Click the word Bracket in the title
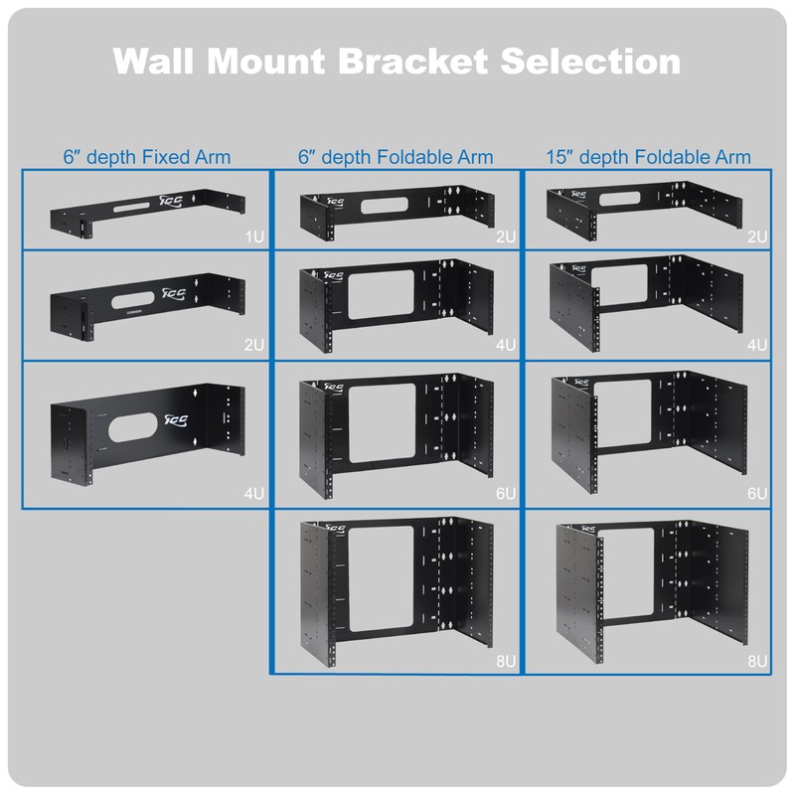(x=412, y=61)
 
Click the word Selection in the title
(x=591, y=61)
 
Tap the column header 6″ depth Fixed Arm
(x=146, y=157)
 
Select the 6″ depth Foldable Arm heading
(x=396, y=157)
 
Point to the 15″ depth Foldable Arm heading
(x=648, y=157)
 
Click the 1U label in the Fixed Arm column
(x=255, y=237)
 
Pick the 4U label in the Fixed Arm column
(x=255, y=493)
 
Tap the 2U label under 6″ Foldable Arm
(x=506, y=237)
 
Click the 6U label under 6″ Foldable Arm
(x=506, y=493)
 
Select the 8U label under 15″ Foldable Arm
(x=757, y=660)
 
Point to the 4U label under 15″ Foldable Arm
(x=757, y=345)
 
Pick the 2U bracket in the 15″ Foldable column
(x=648, y=206)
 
